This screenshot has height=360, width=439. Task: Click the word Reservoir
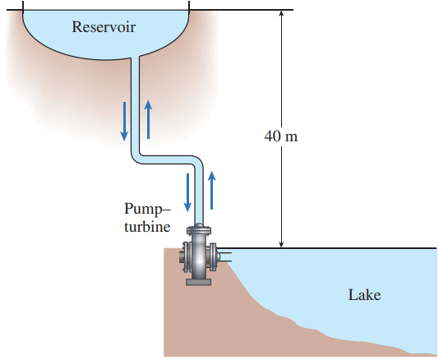[x=104, y=27]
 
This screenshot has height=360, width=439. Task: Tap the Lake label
[x=364, y=295]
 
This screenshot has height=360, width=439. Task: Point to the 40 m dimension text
[x=281, y=136]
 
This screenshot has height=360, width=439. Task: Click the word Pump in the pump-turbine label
[x=144, y=209]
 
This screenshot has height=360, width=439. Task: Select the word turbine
[x=147, y=227]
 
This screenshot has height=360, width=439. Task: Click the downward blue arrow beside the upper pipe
[x=124, y=122]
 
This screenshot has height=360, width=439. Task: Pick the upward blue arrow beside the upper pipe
[x=148, y=119]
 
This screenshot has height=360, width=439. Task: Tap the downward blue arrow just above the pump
[x=187, y=192]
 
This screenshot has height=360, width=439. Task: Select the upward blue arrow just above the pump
[x=211, y=190]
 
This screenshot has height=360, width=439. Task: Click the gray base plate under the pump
[x=198, y=282]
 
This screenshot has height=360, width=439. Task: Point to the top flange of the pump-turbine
[x=199, y=231]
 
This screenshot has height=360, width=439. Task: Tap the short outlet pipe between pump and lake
[x=224, y=256]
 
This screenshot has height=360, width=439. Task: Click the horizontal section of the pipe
[x=167, y=159]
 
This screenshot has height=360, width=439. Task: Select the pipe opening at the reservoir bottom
[x=135, y=58]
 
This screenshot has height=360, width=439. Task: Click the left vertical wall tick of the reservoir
[x=23, y=6]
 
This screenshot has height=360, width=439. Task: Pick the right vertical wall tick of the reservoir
[x=189, y=6]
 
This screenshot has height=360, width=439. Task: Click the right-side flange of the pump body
[x=213, y=257]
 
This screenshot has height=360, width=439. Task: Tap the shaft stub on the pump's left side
[x=181, y=257]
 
